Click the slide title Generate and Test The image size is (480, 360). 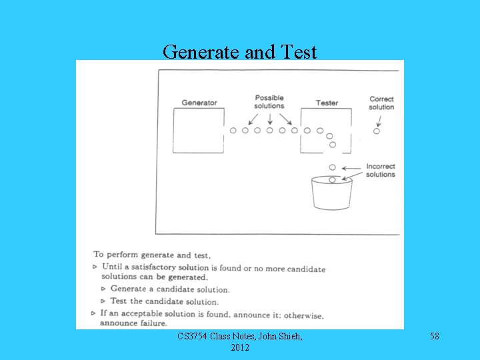pos(240,51)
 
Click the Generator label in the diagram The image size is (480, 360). pos(199,103)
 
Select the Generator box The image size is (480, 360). pos(198,130)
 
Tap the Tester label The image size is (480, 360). pos(327,103)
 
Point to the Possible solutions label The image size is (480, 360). pos(269,102)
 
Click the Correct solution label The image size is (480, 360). pos(381,103)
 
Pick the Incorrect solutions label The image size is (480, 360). pos(381,171)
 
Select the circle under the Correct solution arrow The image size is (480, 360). pos(377,131)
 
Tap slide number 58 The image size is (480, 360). pos(435,337)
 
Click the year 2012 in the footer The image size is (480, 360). pos(240,348)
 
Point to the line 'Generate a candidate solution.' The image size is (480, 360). pos(170,289)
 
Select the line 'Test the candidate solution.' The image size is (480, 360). pos(165,301)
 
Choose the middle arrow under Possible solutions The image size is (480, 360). pos(269,119)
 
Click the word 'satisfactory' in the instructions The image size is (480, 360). pos(160,267)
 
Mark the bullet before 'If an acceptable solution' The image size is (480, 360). pos(93,313)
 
